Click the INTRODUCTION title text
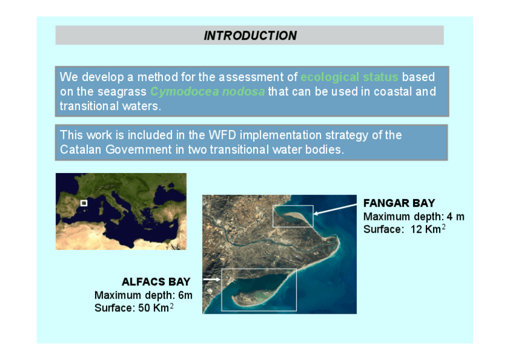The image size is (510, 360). coord(250,35)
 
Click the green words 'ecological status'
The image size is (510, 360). coord(349,77)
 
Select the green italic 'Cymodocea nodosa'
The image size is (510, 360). coord(207,91)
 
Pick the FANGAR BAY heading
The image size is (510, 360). coord(399,203)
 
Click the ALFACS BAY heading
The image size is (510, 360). coord(156,282)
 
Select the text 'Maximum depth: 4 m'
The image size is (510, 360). coord(414,217)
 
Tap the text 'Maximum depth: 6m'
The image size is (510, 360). coord(143,295)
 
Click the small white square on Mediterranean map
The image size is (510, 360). coord(84,203)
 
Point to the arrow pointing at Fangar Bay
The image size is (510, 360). coord(335,209)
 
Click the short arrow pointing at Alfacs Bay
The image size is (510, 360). coord(212,279)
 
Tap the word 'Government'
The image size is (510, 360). coord(138,150)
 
